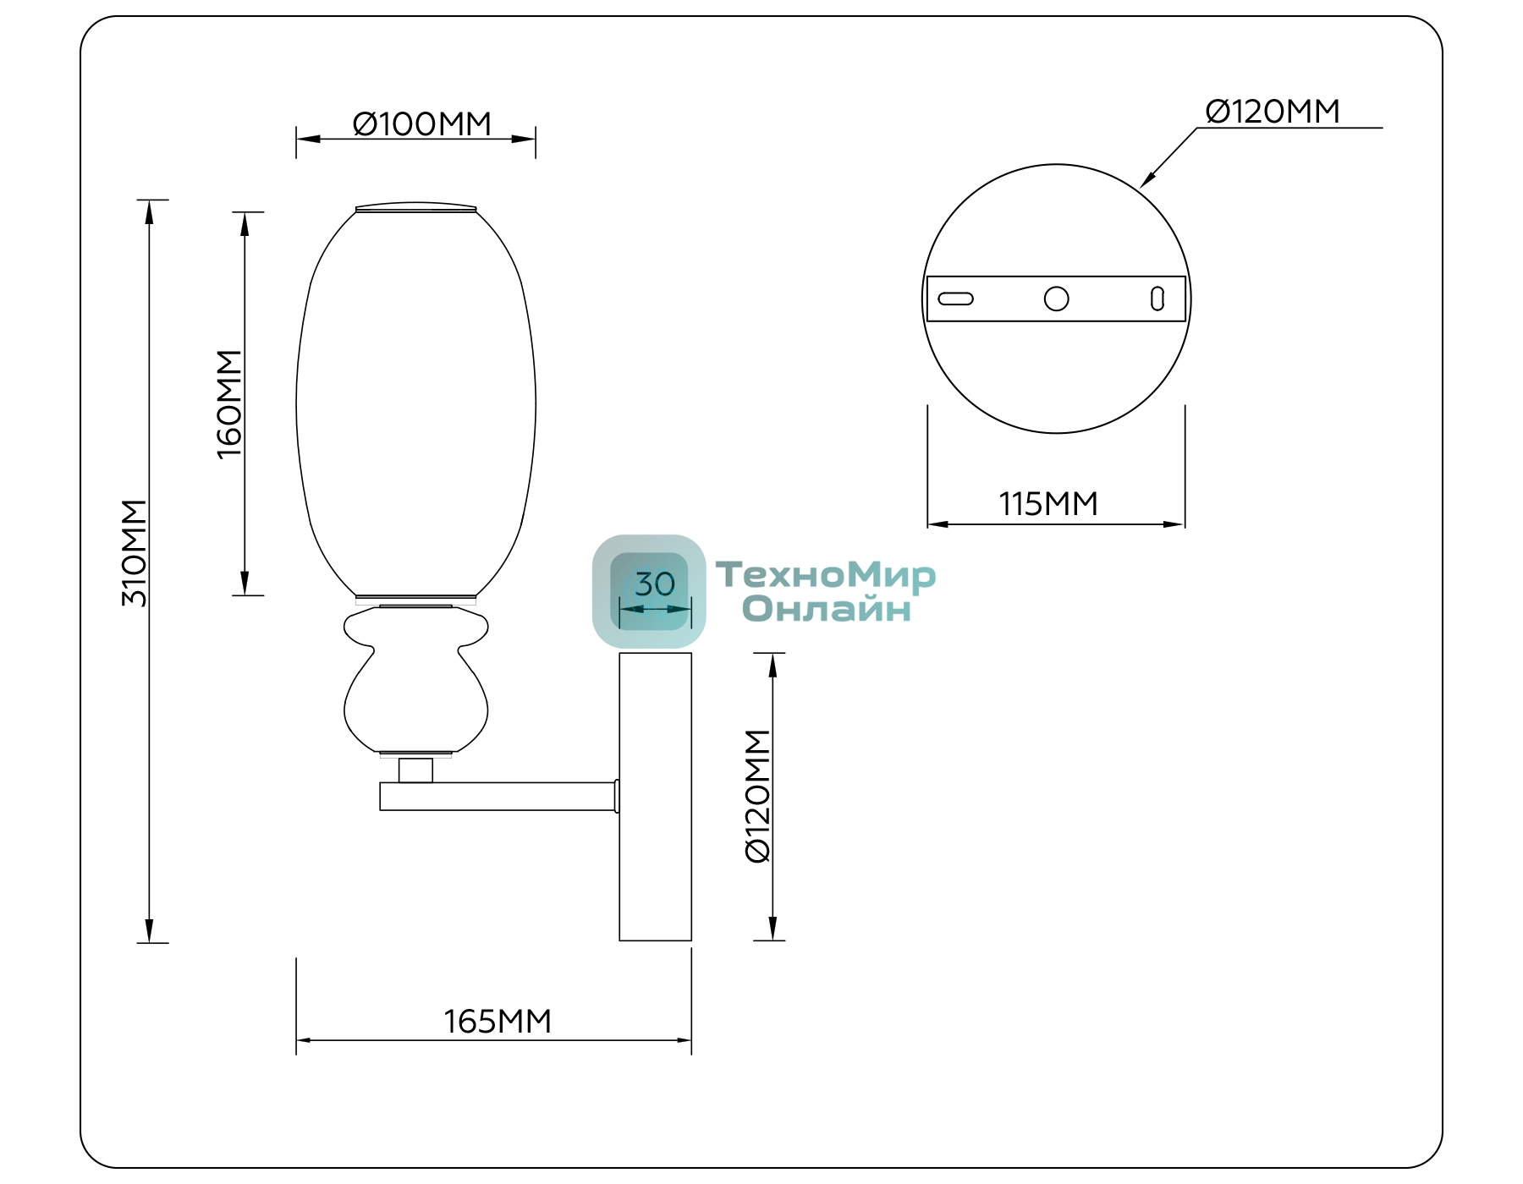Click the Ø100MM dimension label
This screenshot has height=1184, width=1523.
coord(421,124)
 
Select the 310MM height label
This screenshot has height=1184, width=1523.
coord(135,553)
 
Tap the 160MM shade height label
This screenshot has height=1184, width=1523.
coord(229,404)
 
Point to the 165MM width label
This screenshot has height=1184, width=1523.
coord(498,1022)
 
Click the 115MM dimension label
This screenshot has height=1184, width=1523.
coord(1048,504)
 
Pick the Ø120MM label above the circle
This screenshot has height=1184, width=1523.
coord(1273,112)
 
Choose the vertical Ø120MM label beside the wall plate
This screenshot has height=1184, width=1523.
coord(757,796)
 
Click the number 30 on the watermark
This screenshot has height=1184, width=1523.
coord(655,584)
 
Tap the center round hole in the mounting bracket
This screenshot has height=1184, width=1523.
coord(1056,299)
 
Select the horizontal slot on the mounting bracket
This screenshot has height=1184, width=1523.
coord(956,299)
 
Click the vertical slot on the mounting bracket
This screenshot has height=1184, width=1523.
coord(1157,299)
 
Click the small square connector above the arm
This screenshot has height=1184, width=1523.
coord(415,770)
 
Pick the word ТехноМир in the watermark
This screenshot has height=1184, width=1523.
coord(826,575)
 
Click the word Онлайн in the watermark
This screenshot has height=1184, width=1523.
coord(827,609)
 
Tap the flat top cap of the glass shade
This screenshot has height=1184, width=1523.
coord(415,207)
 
